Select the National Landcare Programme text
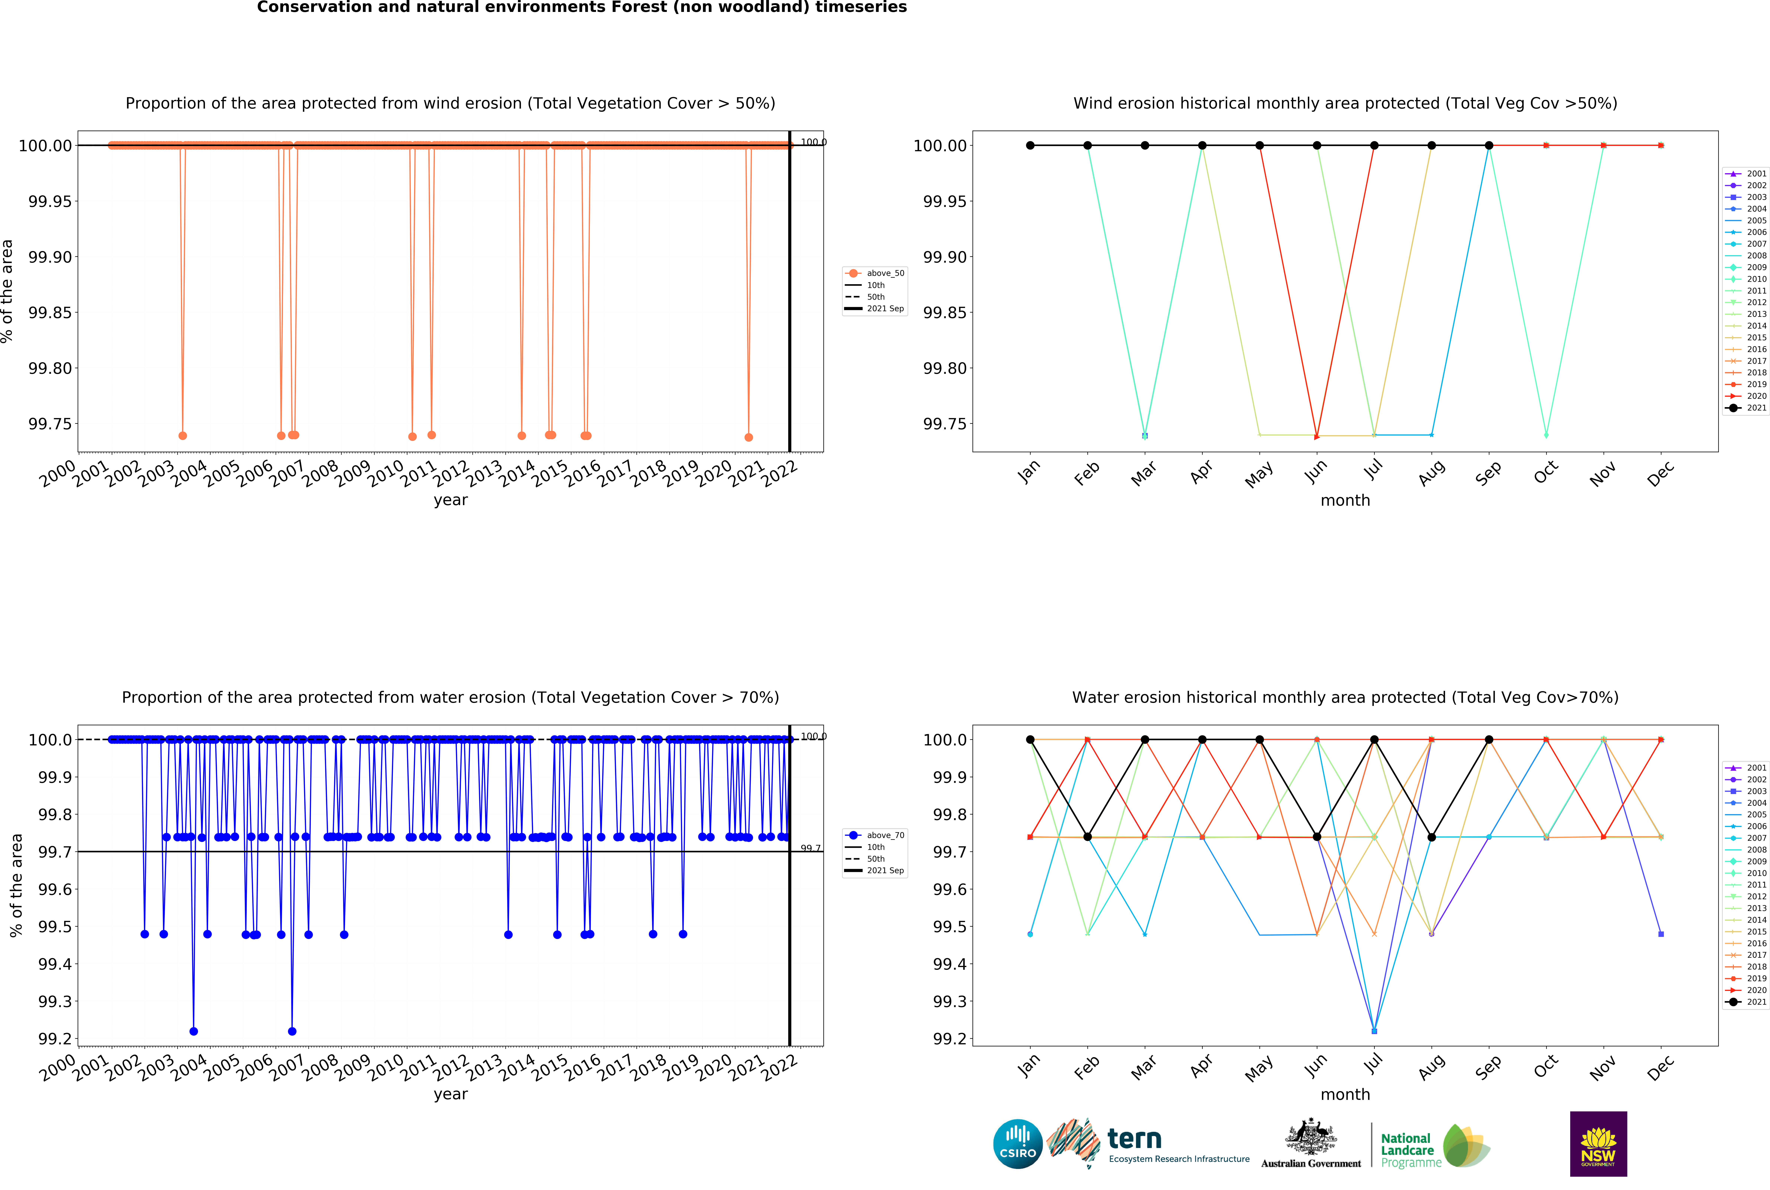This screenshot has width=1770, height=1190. coord(1407,1150)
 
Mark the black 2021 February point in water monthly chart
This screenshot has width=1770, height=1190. coord(1087,837)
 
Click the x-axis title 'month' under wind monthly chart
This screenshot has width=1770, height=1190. coord(1345,501)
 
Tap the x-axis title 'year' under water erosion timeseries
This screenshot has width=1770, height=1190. coord(451,1094)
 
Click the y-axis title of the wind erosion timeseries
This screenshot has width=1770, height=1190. coord(8,291)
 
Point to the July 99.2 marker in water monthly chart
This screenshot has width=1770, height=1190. coord(1374,1031)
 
